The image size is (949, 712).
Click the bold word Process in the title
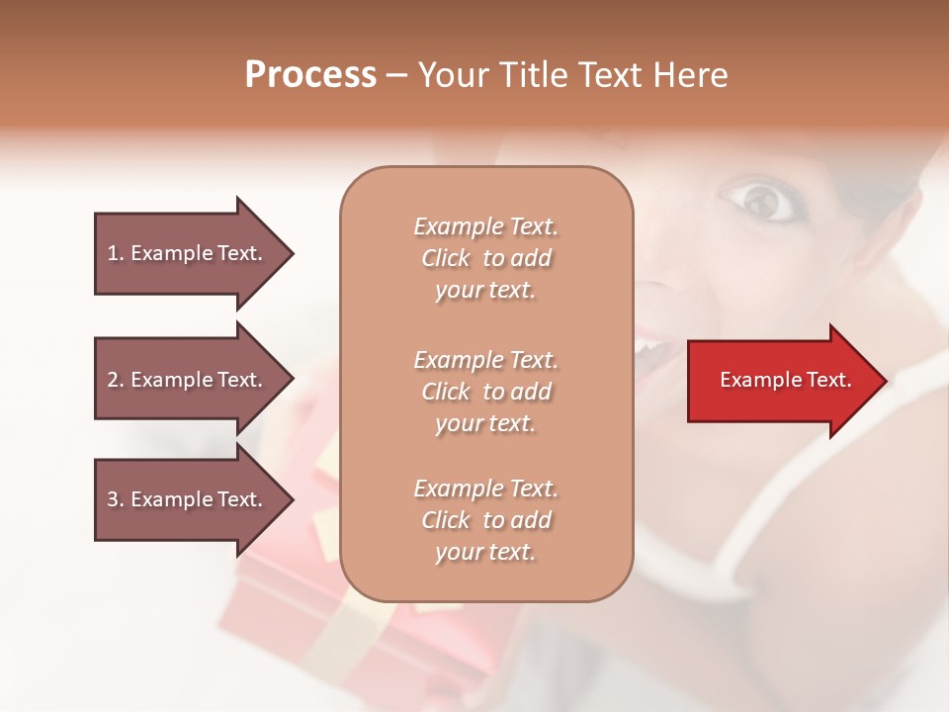pos(310,75)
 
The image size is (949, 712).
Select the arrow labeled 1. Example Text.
pos(188,253)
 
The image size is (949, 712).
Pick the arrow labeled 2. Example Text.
pos(188,380)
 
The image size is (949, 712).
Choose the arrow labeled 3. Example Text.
pos(188,499)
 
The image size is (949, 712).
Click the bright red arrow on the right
pos(781,380)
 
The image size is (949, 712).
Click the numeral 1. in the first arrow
pos(116,253)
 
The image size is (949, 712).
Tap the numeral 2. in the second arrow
pos(116,380)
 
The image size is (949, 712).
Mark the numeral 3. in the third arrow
pos(116,499)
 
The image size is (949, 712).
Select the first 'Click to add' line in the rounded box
pos(486,258)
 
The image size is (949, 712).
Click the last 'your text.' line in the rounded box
pos(486,553)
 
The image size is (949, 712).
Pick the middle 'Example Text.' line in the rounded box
pos(486,359)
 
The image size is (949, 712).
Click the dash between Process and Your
pos(396,75)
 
